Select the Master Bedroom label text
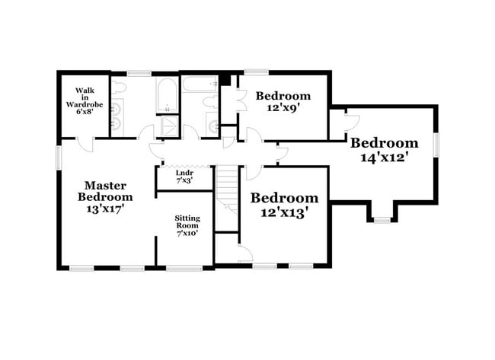(105, 191)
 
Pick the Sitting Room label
(187, 221)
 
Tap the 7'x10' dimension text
(187, 234)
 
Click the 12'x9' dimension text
(283, 108)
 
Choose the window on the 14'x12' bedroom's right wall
(437, 145)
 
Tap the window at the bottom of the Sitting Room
(184, 267)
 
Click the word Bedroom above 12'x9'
(283, 96)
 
